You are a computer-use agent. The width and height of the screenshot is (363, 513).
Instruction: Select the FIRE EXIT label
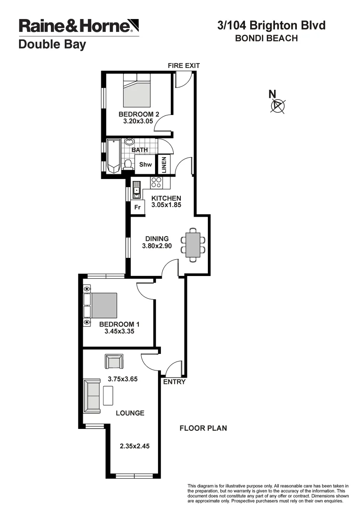pyautogui.click(x=184, y=66)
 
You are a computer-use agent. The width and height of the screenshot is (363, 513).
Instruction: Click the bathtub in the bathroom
pyautogui.click(x=113, y=156)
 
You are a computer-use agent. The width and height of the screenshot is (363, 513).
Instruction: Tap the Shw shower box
pyautogui.click(x=145, y=165)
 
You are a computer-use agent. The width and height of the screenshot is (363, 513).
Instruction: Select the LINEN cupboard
pyautogui.click(x=164, y=164)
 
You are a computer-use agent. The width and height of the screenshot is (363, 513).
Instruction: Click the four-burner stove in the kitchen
pyautogui.click(x=157, y=182)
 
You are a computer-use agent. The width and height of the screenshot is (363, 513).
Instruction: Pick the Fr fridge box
pyautogui.click(x=137, y=208)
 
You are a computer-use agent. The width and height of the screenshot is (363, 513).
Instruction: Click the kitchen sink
pyautogui.click(x=137, y=190)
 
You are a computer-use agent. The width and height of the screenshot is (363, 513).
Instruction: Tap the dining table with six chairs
pyautogui.click(x=193, y=244)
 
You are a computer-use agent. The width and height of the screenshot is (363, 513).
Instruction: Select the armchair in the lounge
pyautogui.click(x=114, y=362)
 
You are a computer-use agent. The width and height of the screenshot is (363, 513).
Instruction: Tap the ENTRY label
pyautogui.click(x=174, y=381)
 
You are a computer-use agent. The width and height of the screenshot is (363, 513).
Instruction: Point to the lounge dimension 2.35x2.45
pyautogui.click(x=135, y=446)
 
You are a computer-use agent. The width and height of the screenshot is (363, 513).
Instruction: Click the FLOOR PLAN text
pyautogui.click(x=203, y=428)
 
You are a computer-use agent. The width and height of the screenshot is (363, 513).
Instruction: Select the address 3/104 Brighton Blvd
pyautogui.click(x=271, y=25)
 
